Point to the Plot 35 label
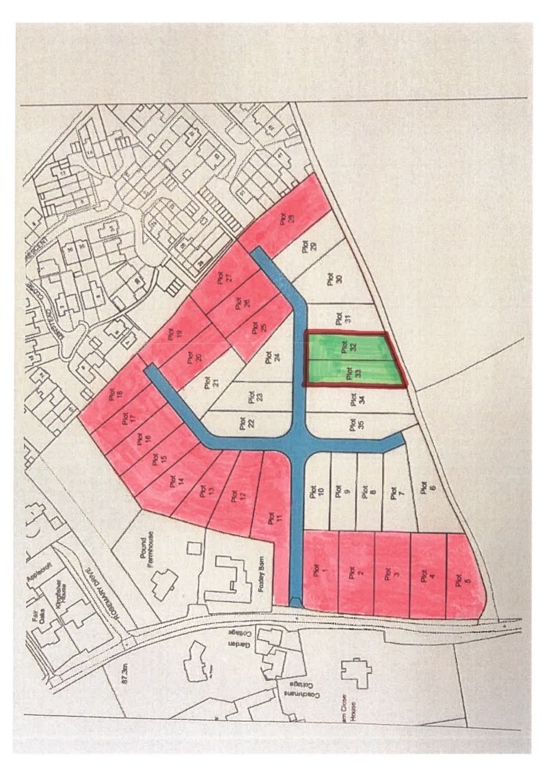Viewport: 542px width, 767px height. [x=353, y=423]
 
